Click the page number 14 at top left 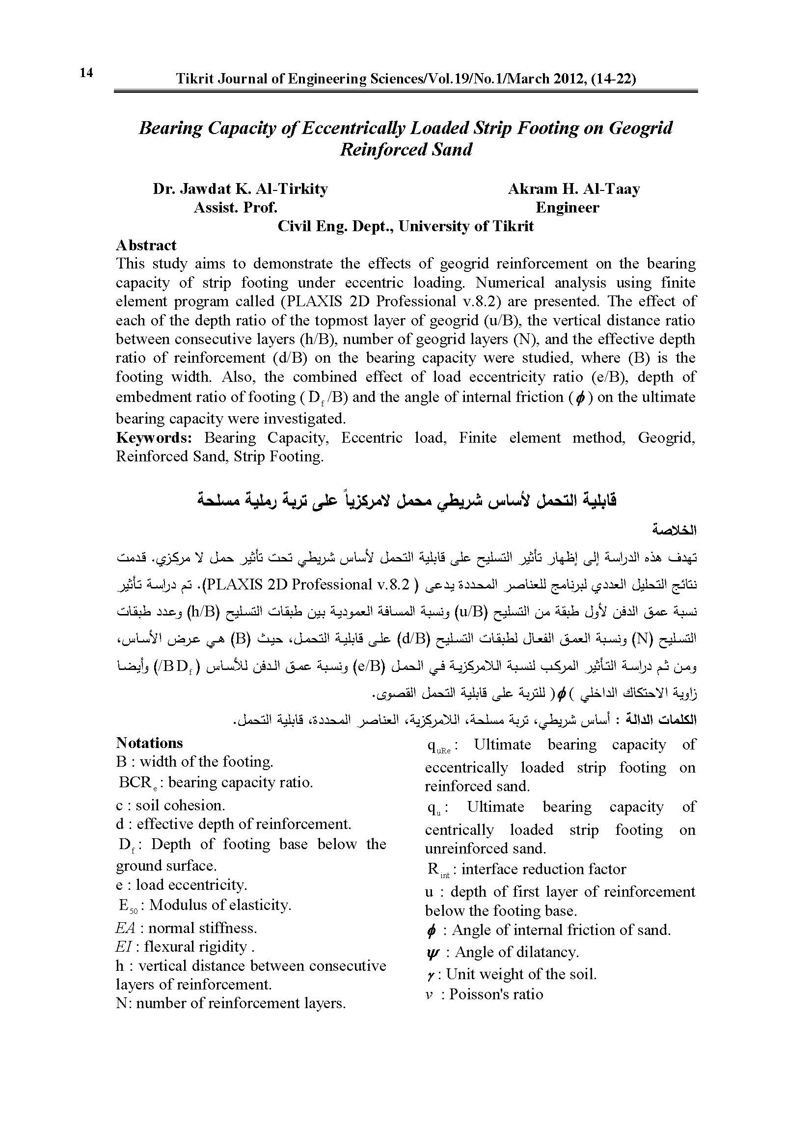click(86, 73)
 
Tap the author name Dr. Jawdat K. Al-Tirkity click(240, 189)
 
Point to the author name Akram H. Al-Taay click(573, 189)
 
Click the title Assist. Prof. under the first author click(235, 208)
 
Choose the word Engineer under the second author click(567, 208)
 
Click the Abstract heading click(146, 245)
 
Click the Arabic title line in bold click(406, 500)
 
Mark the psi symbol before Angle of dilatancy click(432, 953)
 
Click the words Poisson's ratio click(495, 994)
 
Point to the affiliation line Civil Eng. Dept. click(406, 226)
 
